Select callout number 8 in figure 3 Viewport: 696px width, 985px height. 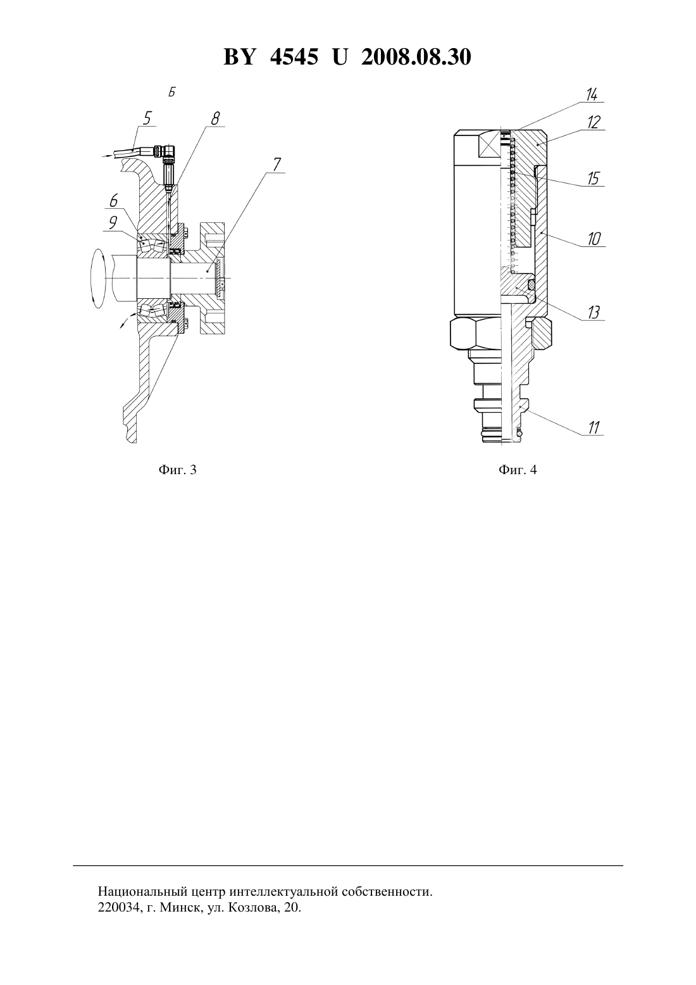click(215, 118)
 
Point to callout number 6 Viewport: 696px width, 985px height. click(113, 201)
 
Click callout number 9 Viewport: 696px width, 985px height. click(113, 222)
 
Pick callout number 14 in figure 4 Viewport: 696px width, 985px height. click(592, 94)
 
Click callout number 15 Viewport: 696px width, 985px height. click(593, 179)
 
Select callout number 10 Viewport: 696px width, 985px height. click(594, 239)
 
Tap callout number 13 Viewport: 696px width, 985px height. click(593, 313)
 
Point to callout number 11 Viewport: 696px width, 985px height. click(593, 427)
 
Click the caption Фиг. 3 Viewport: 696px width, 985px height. click(177, 470)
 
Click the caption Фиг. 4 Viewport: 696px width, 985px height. click(518, 470)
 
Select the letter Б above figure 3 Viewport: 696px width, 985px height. click(172, 93)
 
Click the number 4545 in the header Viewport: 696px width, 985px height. click(294, 57)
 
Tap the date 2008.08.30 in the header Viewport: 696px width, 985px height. click(416, 57)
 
